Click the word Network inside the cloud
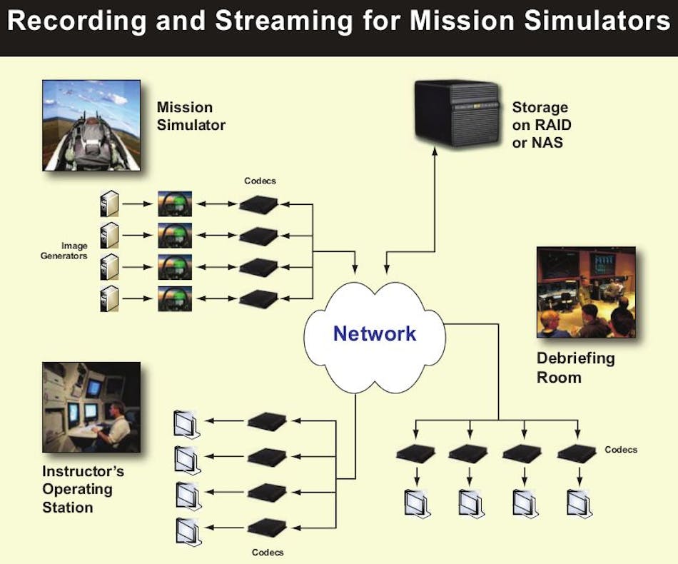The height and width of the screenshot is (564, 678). point(375,333)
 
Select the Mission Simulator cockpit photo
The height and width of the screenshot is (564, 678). point(91,125)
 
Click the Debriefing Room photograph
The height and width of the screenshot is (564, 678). point(586,292)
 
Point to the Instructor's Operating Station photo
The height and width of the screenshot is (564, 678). point(91,407)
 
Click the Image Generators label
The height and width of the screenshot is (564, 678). point(64,251)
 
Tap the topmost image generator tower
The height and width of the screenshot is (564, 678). point(108,204)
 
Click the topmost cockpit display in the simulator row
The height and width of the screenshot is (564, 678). point(175,204)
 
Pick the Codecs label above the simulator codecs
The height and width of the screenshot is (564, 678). point(260,181)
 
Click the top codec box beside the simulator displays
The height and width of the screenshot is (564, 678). point(258,205)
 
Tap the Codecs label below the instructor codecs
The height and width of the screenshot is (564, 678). point(268,552)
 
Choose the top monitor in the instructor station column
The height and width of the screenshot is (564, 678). point(185,425)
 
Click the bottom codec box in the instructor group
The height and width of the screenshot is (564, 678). point(267,529)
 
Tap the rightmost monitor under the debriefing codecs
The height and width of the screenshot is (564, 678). point(578,503)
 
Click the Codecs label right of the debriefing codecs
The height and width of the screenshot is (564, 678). point(621,450)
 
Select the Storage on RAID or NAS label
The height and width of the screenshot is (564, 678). point(542,124)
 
